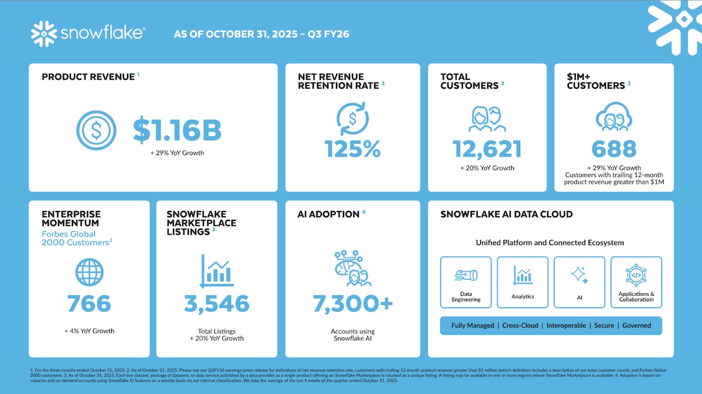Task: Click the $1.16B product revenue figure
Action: pos(177,130)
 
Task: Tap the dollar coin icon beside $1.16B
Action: pos(96,130)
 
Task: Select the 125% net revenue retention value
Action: pos(352,149)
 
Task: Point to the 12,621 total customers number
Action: pos(487,149)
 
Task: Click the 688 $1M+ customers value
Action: pos(614,149)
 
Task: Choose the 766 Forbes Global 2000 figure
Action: pos(89,304)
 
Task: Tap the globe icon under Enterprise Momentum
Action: pos(89,272)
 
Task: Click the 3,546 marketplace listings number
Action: pos(217,304)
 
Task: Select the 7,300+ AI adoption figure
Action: pos(353,304)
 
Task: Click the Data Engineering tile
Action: pos(466,282)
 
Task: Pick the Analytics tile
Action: pos(523,282)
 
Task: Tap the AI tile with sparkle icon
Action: pos(579,282)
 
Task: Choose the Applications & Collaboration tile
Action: pos(636,282)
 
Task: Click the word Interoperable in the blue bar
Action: pos(566,326)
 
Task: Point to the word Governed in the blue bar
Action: pos(636,326)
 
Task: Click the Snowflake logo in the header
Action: pos(88,33)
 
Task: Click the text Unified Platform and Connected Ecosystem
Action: pos(550,243)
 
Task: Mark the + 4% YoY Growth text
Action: pos(89,331)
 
